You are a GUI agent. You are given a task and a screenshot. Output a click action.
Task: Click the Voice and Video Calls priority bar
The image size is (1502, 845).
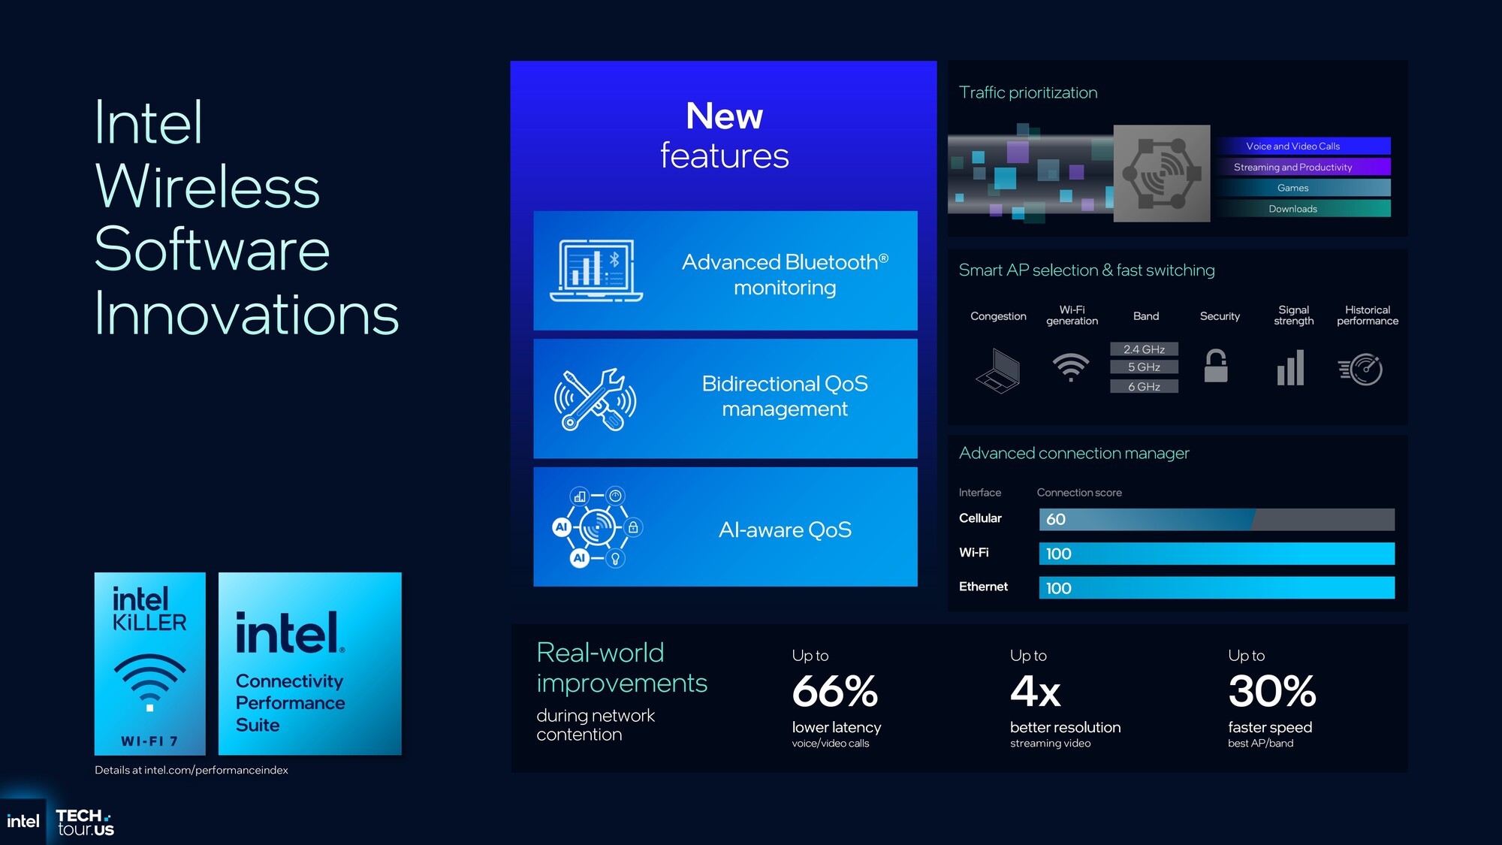1304,146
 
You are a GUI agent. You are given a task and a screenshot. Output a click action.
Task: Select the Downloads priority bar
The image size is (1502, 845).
1304,209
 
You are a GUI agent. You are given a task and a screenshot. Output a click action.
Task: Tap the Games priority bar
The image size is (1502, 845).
1304,188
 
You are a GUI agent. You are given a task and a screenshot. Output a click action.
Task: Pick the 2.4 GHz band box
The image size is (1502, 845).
1144,349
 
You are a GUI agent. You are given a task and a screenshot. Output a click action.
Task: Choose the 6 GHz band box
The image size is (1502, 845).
1144,386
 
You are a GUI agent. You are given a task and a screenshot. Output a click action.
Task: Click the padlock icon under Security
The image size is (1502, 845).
1216,366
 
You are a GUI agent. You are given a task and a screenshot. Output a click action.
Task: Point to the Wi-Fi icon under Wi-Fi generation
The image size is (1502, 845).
1071,367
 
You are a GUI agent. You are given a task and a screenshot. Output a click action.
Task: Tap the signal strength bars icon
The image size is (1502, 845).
1290,368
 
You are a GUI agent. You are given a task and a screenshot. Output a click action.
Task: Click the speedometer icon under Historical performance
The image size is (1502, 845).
1361,369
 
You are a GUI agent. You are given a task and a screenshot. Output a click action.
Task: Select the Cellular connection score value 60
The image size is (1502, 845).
1056,519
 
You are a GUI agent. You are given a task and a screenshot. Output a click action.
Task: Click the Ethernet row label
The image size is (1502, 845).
983,587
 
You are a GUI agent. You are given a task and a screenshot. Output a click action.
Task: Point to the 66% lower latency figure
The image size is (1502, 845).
834,691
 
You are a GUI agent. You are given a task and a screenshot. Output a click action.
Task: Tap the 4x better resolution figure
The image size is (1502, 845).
1035,691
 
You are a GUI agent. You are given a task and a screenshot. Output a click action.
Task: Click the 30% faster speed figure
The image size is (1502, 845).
1272,691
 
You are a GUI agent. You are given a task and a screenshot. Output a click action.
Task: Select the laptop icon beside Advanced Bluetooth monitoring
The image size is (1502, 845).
596,270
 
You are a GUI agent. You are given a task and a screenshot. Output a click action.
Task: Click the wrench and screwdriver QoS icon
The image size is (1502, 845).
596,399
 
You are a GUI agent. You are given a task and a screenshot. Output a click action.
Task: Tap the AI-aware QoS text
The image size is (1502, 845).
785,530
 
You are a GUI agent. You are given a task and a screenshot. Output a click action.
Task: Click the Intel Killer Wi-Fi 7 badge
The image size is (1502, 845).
150,664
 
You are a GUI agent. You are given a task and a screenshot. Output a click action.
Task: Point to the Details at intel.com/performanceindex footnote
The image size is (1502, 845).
192,770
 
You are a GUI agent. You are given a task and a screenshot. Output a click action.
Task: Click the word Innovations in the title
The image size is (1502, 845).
246,314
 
